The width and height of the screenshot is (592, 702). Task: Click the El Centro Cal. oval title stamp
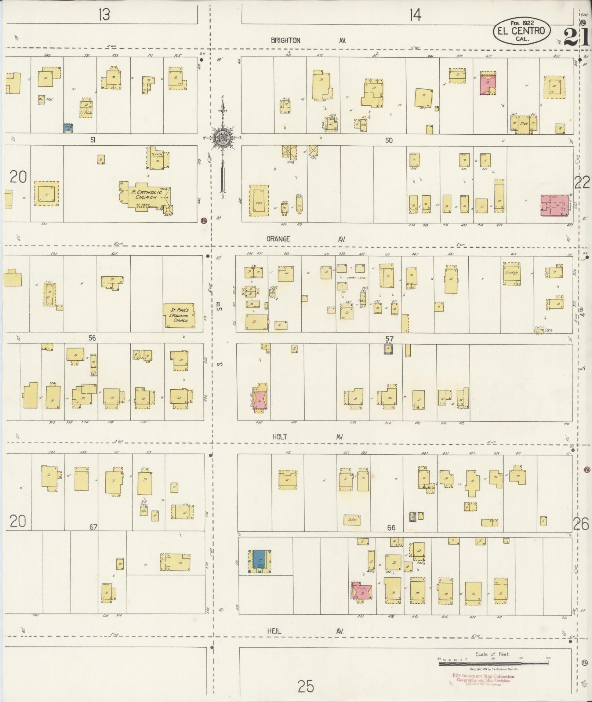pyautogui.click(x=522, y=30)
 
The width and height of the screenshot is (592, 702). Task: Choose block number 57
pyautogui.click(x=389, y=338)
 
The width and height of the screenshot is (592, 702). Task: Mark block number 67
pyautogui.click(x=93, y=527)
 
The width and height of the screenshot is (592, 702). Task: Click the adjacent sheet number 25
pyautogui.click(x=306, y=685)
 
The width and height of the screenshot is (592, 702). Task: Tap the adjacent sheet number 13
pyautogui.click(x=104, y=15)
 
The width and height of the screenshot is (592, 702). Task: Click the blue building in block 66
pyautogui.click(x=260, y=561)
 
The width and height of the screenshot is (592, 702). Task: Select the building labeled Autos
pyautogui.click(x=352, y=520)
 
